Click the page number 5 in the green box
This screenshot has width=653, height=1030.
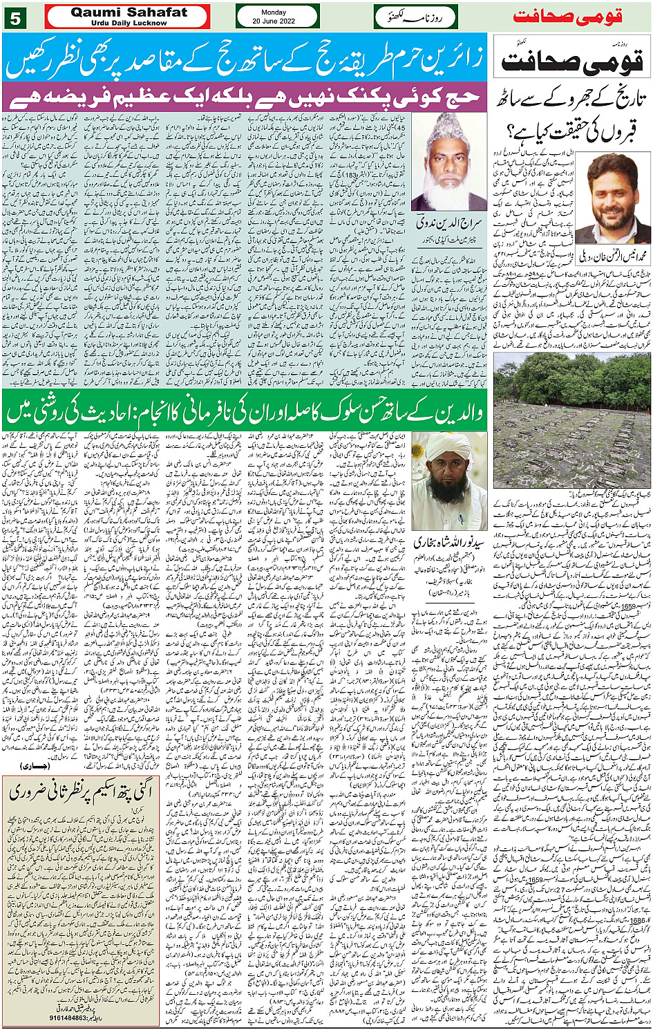15,17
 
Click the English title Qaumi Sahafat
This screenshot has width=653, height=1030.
129,12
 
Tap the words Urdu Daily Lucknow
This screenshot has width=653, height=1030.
129,23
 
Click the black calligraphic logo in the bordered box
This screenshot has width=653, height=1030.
572,60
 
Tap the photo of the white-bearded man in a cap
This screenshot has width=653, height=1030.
449,162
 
